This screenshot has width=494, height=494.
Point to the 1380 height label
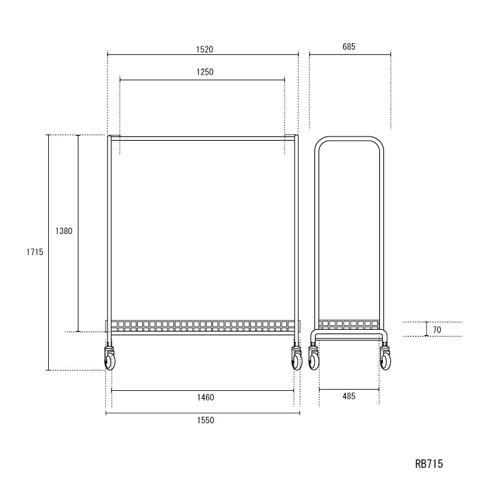tap(64, 232)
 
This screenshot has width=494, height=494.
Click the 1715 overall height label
tap(34, 252)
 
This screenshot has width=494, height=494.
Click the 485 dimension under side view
tap(348, 397)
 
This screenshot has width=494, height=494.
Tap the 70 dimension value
tap(437, 330)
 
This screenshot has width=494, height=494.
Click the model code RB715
tap(429, 464)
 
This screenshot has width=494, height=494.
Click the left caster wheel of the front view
tap(110, 360)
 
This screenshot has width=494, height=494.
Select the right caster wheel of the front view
tap(296, 360)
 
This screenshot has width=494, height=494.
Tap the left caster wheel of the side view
tap(314, 360)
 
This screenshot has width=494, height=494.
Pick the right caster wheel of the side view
tap(385, 360)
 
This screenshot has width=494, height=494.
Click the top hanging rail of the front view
tap(203, 138)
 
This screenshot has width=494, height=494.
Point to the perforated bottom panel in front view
tap(203, 324)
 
